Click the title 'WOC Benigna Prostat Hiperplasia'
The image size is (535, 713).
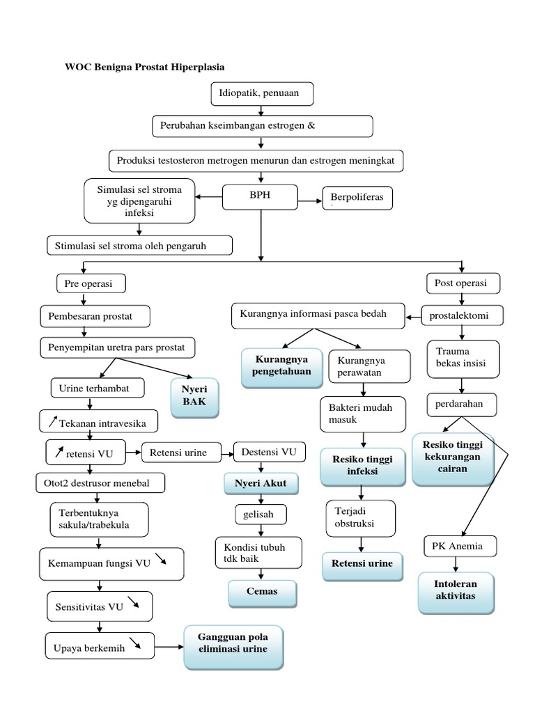[x=145, y=67]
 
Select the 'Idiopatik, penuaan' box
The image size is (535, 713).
[x=261, y=92]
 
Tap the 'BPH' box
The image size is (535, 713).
[x=260, y=197]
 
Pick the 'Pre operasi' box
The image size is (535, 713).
[x=84, y=283]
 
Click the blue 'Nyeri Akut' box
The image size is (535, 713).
[x=261, y=483]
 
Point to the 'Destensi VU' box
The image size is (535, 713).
[x=269, y=453]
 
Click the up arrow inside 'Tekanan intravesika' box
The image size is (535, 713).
[x=52, y=420]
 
